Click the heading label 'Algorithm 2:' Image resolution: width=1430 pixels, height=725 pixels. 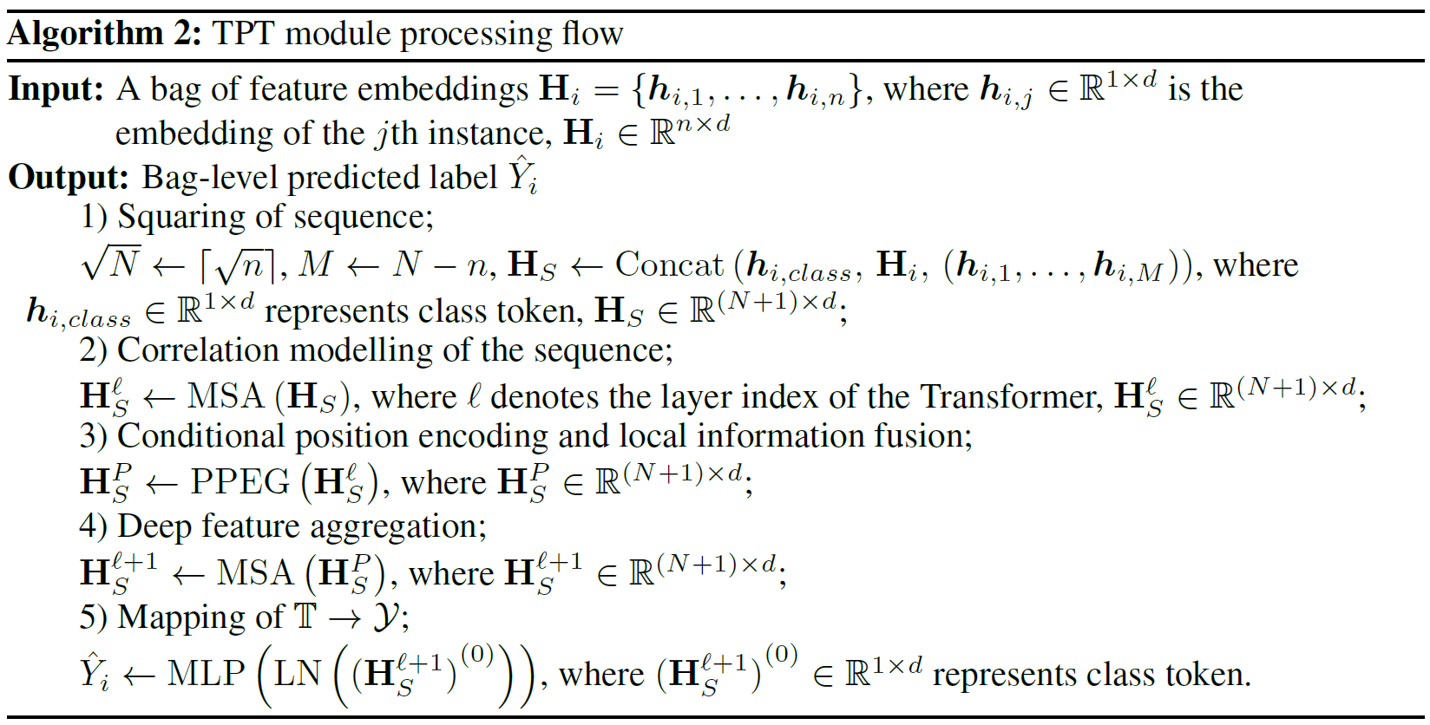pos(105,35)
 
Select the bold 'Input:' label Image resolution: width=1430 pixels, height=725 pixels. pos(56,90)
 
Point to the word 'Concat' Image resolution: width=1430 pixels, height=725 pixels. pos(668,265)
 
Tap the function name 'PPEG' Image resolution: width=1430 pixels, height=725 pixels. pos(240,482)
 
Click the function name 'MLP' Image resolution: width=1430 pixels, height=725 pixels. pos(206,674)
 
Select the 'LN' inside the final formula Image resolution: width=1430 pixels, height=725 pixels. pos(298,674)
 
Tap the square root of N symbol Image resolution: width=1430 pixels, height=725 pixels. pos(111,263)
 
